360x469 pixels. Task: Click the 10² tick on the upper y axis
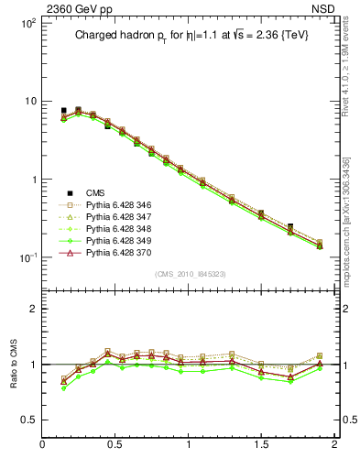point(27,23)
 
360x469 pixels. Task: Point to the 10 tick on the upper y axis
point(29,101)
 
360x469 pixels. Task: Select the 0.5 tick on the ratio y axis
point(27,420)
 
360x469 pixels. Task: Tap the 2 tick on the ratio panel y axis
point(32,309)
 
